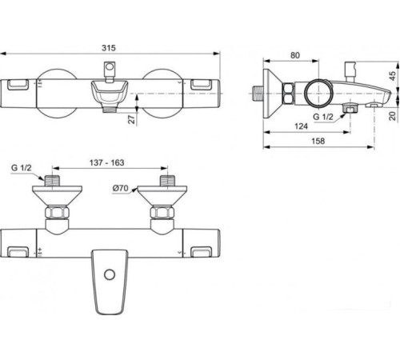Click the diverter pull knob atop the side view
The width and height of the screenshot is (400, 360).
point(350,65)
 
